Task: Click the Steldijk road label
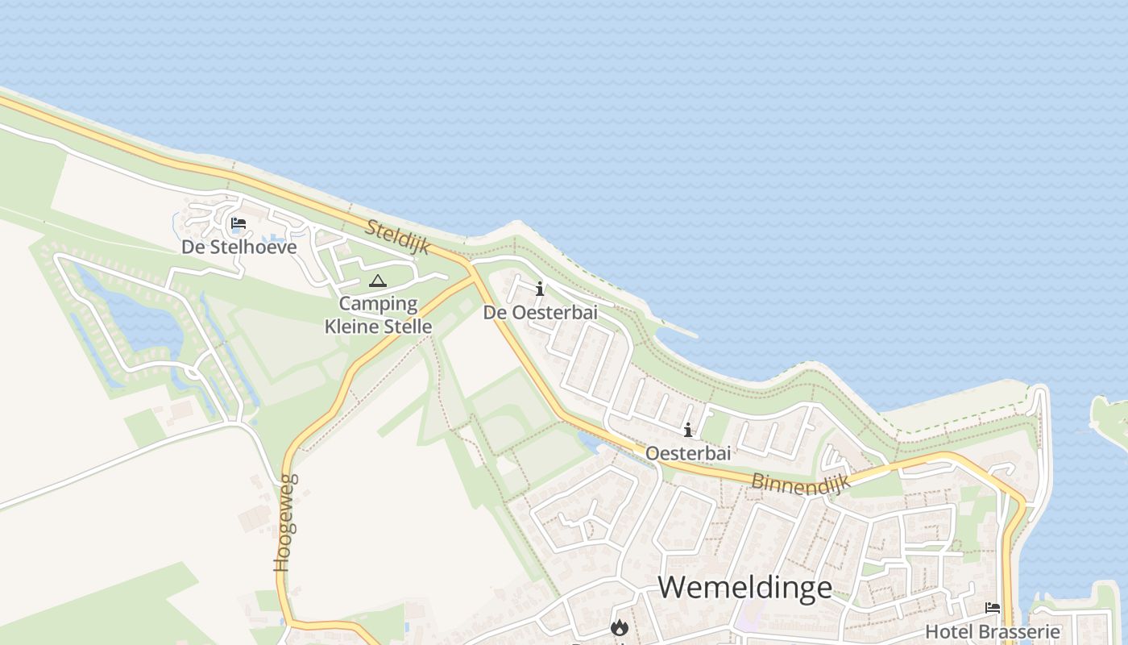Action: pos(398,236)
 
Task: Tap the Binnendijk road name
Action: pos(801,475)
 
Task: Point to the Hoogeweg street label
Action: pos(286,522)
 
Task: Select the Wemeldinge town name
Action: pos(745,587)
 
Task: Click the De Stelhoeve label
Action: pos(239,247)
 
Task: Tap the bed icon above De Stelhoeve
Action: pos(238,223)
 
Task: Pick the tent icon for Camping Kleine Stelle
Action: pos(377,281)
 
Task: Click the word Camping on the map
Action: pos(379,304)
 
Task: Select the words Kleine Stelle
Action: pos(379,327)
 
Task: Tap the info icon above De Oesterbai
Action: pos(540,289)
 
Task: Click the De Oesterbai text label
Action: pos(541,312)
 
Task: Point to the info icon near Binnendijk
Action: pos(688,430)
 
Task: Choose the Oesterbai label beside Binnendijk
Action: pos(688,453)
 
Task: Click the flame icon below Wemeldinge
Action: pos(619,627)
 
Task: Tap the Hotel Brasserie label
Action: pos(993,631)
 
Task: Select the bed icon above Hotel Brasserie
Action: pos(993,608)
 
